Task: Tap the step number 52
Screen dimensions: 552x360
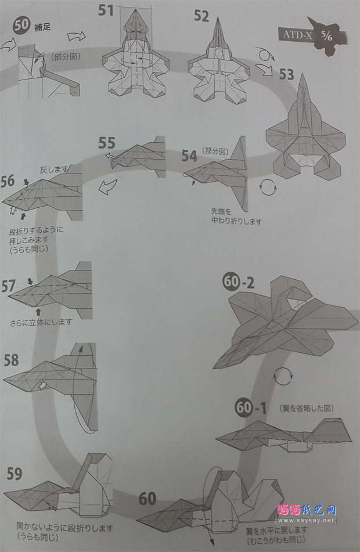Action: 201,15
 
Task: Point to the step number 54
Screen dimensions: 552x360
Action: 189,155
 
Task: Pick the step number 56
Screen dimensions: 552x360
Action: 8,181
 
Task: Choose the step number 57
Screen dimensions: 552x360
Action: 9,286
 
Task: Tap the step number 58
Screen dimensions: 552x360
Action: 12,360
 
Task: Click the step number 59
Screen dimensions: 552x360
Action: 14,474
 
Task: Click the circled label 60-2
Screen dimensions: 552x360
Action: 238,283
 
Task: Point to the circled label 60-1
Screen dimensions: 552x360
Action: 251,409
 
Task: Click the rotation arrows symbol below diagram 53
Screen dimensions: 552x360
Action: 267,187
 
